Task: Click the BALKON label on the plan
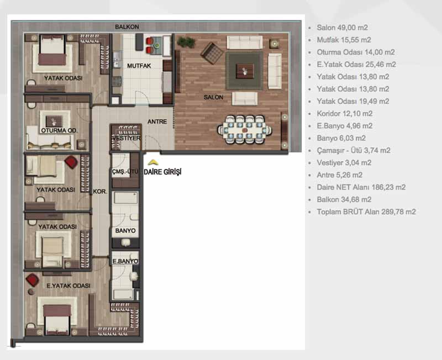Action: [x=127, y=27]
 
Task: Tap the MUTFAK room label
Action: [x=139, y=66]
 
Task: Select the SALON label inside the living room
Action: [x=213, y=97]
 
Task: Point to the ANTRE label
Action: [x=157, y=121]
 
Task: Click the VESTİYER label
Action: [x=126, y=138]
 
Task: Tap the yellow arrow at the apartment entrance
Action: [x=153, y=162]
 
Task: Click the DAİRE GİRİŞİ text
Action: [x=162, y=172]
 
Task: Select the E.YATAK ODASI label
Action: [x=69, y=285]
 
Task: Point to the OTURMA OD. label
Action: [x=59, y=130]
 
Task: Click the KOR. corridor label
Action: [x=100, y=192]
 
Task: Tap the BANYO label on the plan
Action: [x=125, y=231]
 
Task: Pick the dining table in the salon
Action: [x=245, y=130]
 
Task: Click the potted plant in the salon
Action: [x=186, y=42]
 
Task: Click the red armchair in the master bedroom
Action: [x=33, y=280]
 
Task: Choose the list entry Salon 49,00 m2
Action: [x=342, y=28]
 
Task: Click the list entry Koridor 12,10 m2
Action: [x=344, y=114]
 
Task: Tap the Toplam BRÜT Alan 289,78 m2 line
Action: [x=366, y=212]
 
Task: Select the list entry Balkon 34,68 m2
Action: [x=344, y=199]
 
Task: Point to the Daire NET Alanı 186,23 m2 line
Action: [x=361, y=187]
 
